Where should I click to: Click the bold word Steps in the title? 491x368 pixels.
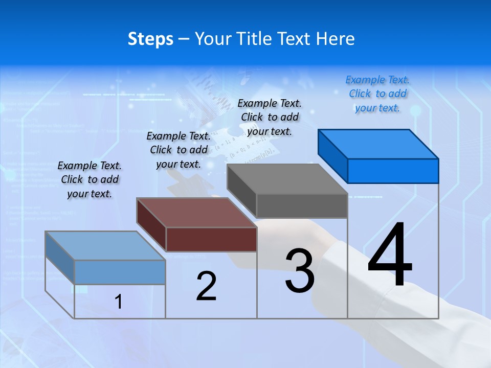pos(150,39)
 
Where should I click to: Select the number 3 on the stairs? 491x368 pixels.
pos(300,271)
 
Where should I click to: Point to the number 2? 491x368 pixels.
pos(206,286)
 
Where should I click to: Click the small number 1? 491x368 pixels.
pos(119,302)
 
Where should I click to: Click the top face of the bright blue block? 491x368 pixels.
pos(378,144)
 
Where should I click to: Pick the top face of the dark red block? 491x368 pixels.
pos(196,213)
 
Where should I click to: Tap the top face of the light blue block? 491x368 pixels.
pos(105,246)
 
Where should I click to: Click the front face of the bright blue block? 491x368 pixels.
pos(393,171)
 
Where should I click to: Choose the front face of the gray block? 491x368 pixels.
pos(302,206)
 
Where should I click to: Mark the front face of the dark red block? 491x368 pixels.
pos(211,239)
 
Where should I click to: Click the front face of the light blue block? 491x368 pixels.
pos(120,272)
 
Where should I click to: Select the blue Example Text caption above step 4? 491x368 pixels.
pos(377,94)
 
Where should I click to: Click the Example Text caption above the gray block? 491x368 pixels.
pos(270,117)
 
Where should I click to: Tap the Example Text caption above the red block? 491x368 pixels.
pos(178,150)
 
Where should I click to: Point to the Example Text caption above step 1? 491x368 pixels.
pos(90,179)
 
